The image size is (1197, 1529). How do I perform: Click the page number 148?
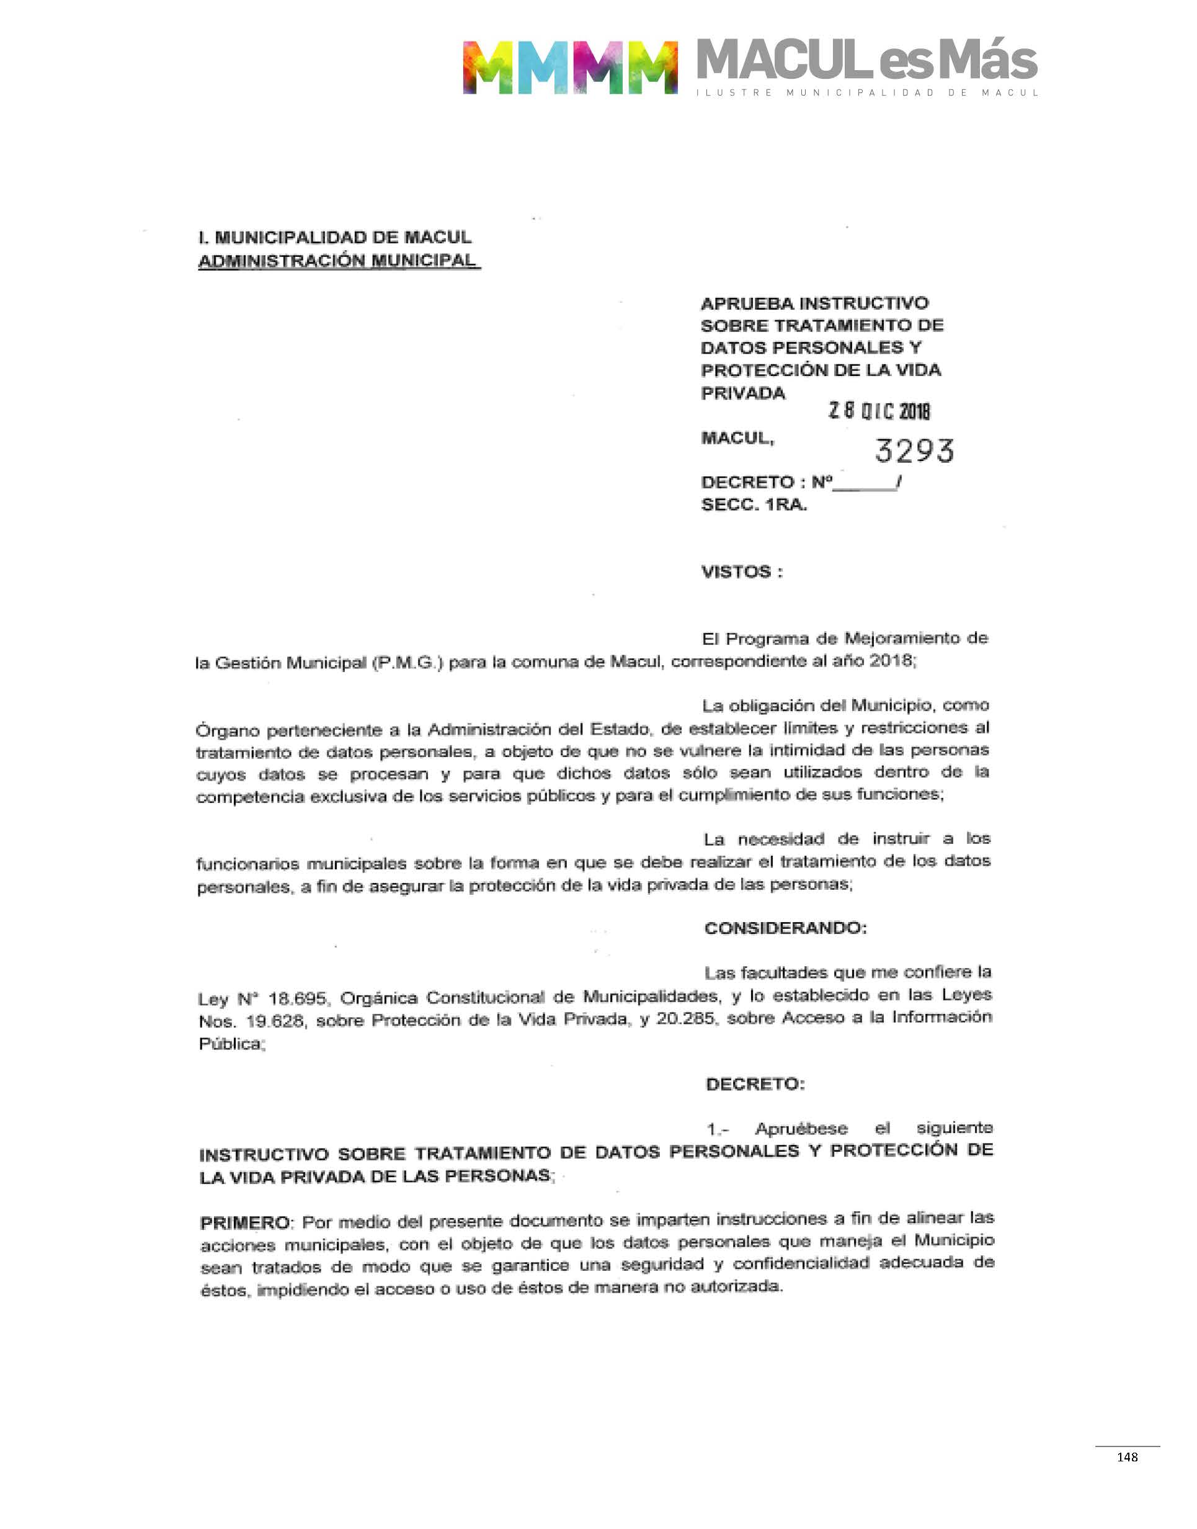1127,1457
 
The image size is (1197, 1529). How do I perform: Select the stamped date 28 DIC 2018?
879,411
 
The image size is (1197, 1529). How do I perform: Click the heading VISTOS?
742,572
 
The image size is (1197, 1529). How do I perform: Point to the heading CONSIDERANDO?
786,928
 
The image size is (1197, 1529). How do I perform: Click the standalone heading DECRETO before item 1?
755,1084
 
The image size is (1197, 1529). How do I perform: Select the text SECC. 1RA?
754,504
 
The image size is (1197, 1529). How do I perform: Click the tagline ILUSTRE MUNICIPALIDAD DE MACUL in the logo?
867,92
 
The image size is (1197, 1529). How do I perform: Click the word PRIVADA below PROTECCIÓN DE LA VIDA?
743,393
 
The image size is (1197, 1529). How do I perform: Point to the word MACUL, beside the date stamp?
737,438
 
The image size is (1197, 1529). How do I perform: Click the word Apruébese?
801,1129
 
